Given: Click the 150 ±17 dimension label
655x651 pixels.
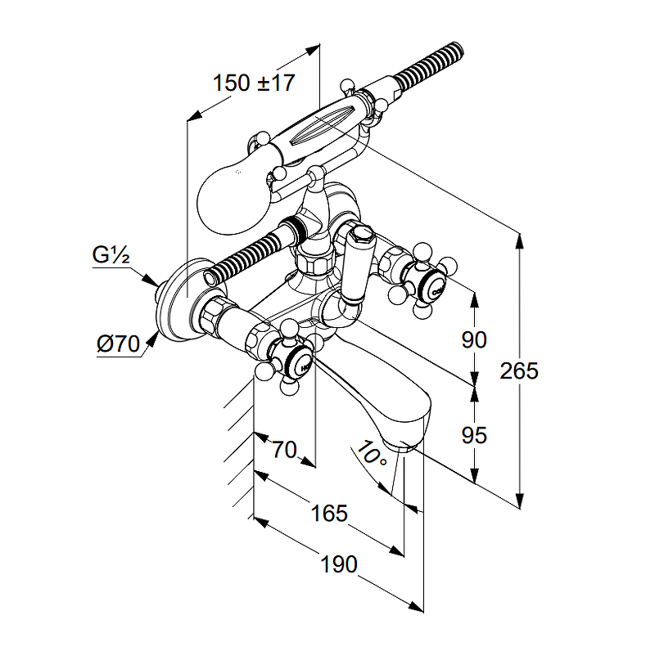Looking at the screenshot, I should coord(253,83).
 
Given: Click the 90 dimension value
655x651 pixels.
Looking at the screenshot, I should coord(474,339).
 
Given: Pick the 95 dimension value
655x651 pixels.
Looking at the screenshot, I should coord(474,435).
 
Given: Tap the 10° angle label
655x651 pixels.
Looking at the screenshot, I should coord(373,455).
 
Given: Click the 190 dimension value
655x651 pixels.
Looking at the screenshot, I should coord(337,564).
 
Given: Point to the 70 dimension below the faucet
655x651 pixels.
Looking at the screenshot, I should coord(283,449).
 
